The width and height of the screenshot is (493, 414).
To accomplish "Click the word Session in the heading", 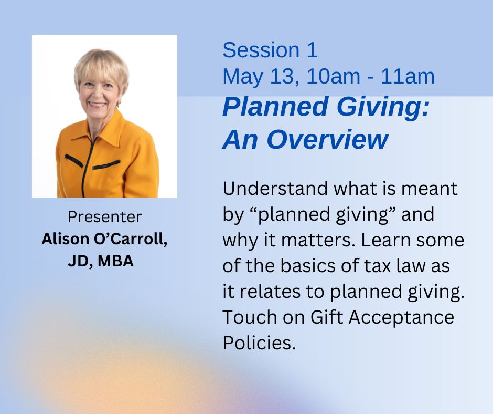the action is pyautogui.click(x=261, y=50).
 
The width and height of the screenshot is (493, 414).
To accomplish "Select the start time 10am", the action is pyautogui.click(x=333, y=76).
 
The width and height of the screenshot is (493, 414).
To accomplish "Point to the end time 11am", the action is pyautogui.click(x=408, y=76).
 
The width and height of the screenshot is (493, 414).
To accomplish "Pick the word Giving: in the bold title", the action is pyautogui.click(x=383, y=107).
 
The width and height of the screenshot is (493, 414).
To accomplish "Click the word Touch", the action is pyautogui.click(x=250, y=317).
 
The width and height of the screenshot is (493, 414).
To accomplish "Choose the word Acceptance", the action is pyautogui.click(x=401, y=317).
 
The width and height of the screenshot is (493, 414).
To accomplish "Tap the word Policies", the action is pyautogui.click(x=259, y=343).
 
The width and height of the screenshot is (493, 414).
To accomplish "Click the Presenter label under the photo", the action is pyautogui.click(x=105, y=217).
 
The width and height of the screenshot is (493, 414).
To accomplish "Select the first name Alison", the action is pyautogui.click(x=66, y=239).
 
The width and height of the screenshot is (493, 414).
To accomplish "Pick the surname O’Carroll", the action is pyautogui.click(x=131, y=240).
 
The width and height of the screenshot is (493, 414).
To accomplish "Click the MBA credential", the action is pyautogui.click(x=115, y=261).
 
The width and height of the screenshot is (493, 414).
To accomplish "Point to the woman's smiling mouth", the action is pyautogui.click(x=98, y=104).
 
